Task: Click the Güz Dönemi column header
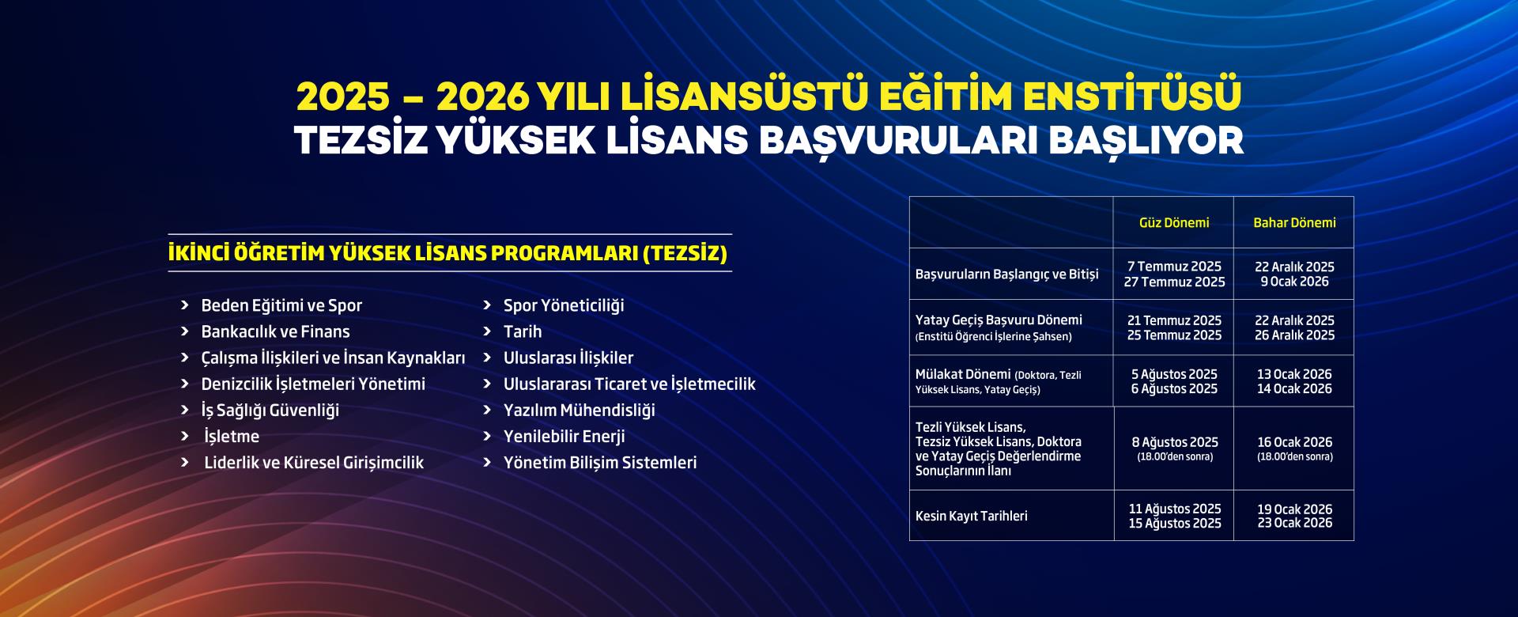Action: tap(1174, 223)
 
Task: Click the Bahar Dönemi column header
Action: tap(1294, 223)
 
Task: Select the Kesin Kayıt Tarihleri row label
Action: tap(972, 516)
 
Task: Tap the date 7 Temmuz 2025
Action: tap(1174, 267)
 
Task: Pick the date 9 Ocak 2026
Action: tap(1294, 282)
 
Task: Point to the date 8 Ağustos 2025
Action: tap(1175, 442)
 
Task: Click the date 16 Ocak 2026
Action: tap(1295, 442)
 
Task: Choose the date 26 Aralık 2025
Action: tap(1294, 335)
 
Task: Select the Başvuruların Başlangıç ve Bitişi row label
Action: tap(1007, 274)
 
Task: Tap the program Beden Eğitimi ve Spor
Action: tap(281, 305)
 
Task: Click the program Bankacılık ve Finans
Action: tap(275, 331)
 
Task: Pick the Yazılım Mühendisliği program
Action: tap(580, 410)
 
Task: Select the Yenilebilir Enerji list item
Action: tap(565, 436)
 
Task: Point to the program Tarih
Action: tap(523, 331)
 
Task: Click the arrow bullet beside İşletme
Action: tap(185, 436)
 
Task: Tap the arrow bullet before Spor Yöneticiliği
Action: tap(488, 305)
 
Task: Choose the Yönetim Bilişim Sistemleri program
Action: tap(600, 462)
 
